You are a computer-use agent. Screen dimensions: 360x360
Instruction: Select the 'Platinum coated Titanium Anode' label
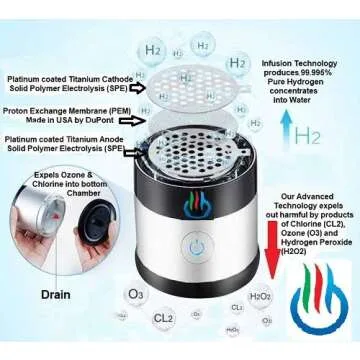(x=68, y=139)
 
